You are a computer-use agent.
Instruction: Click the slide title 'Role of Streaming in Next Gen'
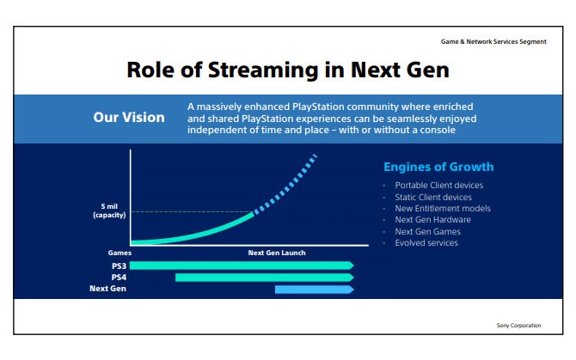point(288,70)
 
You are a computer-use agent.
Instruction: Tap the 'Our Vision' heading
point(129,118)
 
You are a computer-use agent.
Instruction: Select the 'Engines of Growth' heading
point(438,167)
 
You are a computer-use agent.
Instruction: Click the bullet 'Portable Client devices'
point(439,186)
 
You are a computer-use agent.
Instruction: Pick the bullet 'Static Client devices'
point(433,197)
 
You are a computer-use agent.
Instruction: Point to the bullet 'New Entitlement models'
point(443,209)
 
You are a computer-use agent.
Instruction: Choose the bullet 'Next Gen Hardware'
point(432,219)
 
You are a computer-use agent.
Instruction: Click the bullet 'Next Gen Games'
point(427,232)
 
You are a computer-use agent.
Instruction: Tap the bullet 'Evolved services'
point(426,242)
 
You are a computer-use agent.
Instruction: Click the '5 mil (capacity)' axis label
point(109,211)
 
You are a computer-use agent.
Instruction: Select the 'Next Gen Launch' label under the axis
point(277,253)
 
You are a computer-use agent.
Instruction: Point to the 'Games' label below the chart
point(119,253)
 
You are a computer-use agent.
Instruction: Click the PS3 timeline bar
point(242,265)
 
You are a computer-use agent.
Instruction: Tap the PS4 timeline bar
point(265,278)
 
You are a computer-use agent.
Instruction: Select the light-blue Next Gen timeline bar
point(315,290)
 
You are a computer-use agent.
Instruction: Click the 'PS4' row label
point(119,277)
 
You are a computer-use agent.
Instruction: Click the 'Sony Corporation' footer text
point(518,325)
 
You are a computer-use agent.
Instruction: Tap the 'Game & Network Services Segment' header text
point(493,41)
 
